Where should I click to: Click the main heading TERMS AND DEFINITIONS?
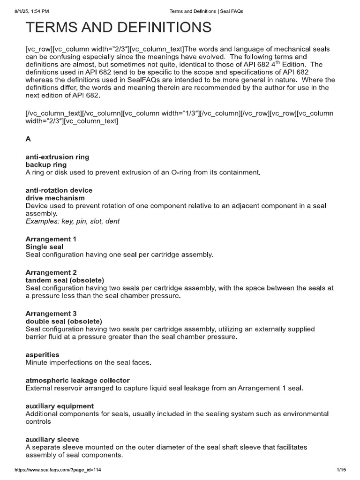(118, 28)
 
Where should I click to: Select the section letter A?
(28, 139)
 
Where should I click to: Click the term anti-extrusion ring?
(57, 157)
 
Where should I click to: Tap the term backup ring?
(46, 165)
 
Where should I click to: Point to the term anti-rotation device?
(59, 190)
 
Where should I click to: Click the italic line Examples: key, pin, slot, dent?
(73, 221)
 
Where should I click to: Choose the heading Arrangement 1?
(51, 239)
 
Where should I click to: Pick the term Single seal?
(44, 247)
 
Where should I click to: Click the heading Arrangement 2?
(51, 272)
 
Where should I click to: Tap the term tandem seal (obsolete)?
(64, 280)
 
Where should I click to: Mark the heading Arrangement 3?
(51, 314)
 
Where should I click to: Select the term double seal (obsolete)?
(63, 322)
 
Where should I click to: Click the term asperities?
(42, 355)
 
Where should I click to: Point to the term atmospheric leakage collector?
(77, 380)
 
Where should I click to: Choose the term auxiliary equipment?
(60, 406)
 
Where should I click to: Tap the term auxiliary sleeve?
(52, 439)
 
